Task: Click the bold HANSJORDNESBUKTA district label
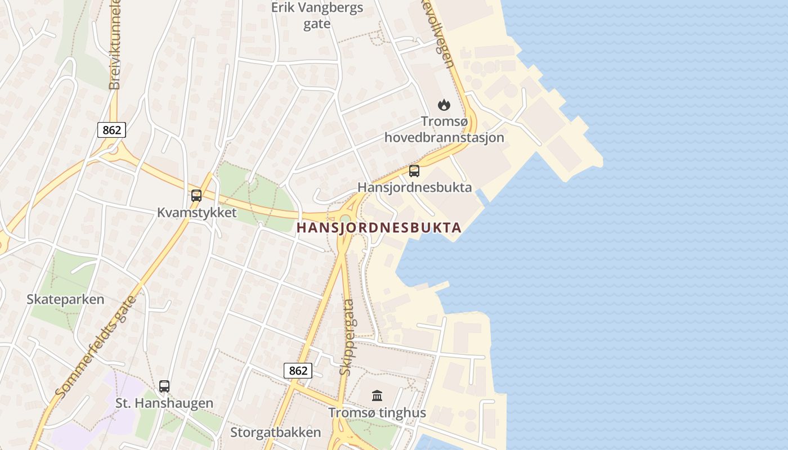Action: pyautogui.click(x=379, y=228)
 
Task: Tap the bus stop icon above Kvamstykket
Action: pyautogui.click(x=196, y=196)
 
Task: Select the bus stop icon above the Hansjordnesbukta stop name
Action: pyautogui.click(x=414, y=171)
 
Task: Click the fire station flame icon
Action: pyautogui.click(x=444, y=105)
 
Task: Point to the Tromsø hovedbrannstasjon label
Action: pyautogui.click(x=444, y=129)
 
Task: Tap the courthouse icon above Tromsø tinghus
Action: pyautogui.click(x=377, y=396)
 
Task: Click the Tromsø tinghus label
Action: pyautogui.click(x=377, y=413)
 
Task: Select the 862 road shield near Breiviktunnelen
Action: pyautogui.click(x=111, y=130)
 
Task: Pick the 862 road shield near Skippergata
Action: pyautogui.click(x=298, y=370)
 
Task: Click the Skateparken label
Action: pyautogui.click(x=65, y=299)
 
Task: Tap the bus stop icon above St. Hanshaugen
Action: pyautogui.click(x=164, y=386)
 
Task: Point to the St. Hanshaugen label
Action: pyautogui.click(x=164, y=403)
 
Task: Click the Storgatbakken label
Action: pyautogui.click(x=275, y=433)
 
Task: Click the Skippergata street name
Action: pyautogui.click(x=347, y=337)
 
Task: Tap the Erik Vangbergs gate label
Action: pyautogui.click(x=317, y=16)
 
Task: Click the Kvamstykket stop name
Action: pyautogui.click(x=197, y=213)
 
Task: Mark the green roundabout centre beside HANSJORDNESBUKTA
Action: pyautogui.click(x=344, y=219)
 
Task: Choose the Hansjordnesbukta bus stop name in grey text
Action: pyautogui.click(x=415, y=187)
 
